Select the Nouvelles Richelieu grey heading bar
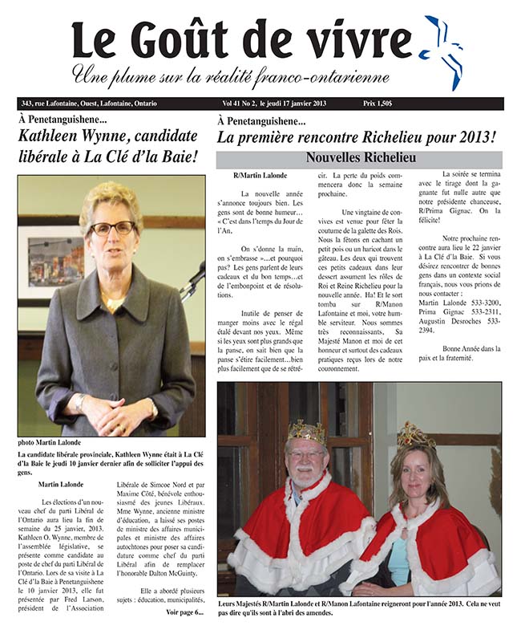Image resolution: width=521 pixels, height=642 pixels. coord(359,159)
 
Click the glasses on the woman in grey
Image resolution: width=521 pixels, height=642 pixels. coord(111,228)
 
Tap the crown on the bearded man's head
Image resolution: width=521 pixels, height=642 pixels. coord(307,433)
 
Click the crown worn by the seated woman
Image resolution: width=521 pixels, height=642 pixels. coord(415,436)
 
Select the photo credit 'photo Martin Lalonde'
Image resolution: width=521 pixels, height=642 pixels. coord(50,443)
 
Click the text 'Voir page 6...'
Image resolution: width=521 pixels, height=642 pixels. coord(184,612)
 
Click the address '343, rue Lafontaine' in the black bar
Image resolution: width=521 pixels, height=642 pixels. coord(49,104)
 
